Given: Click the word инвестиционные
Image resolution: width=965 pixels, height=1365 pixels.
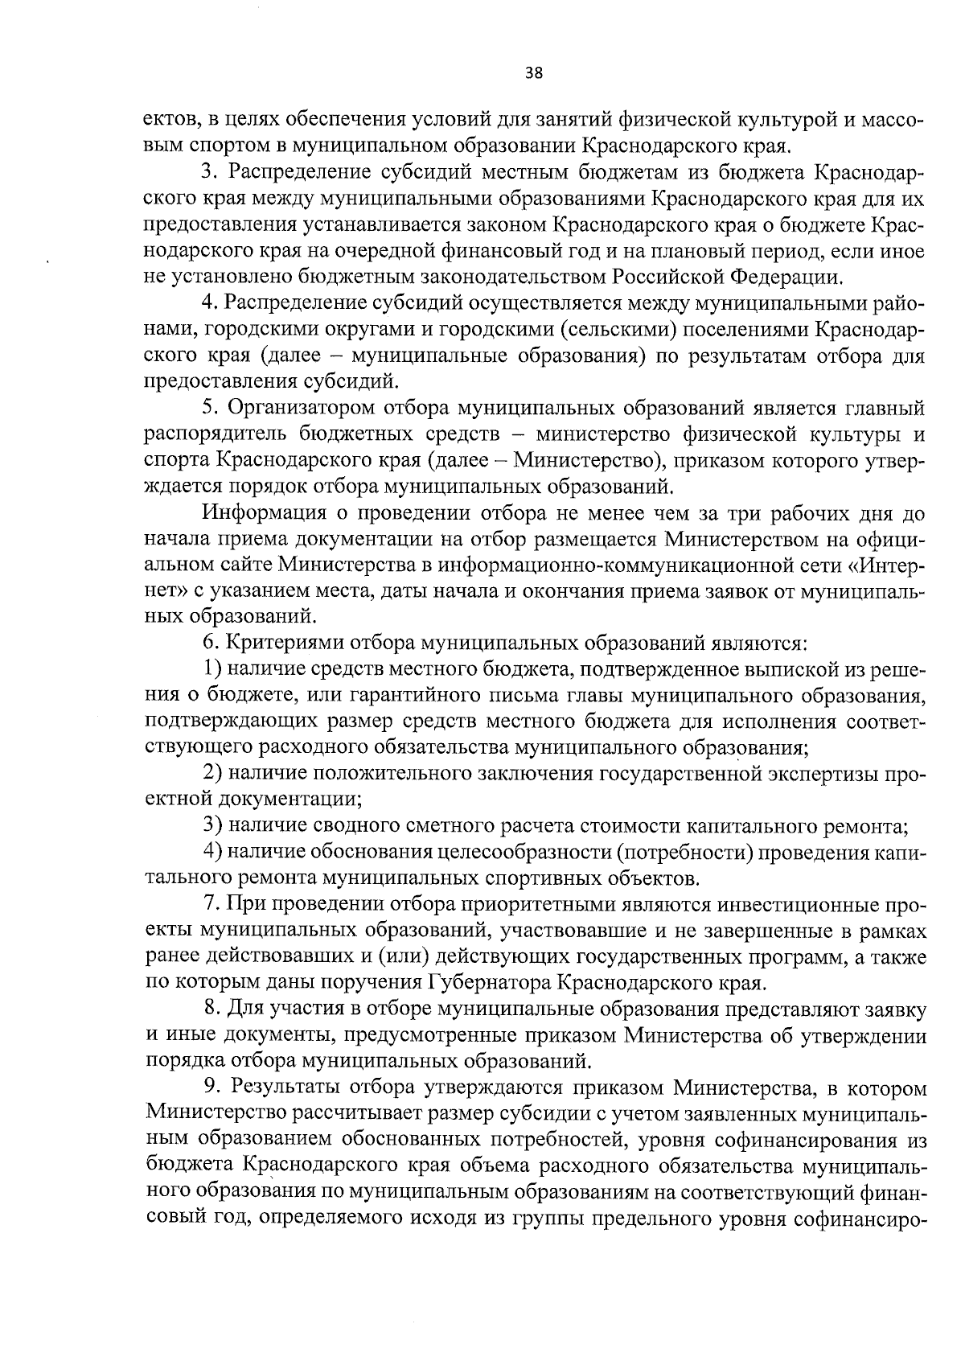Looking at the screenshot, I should (765, 905).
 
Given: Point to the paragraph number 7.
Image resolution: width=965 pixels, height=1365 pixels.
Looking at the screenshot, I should (210, 905).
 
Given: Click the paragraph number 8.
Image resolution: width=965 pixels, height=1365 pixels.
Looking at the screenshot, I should (211, 1008).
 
